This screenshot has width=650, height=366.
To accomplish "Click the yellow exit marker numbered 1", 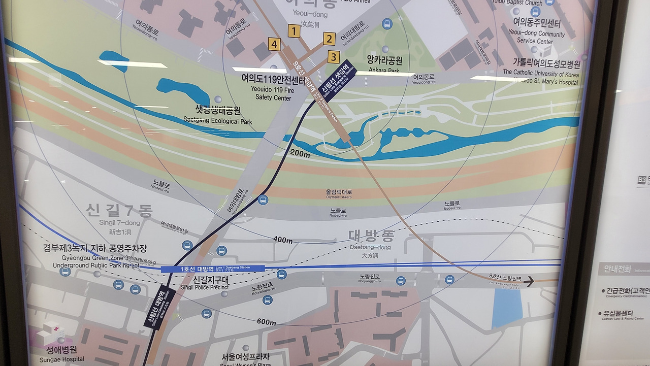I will (x=294, y=31).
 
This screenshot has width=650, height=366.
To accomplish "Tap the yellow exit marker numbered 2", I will (x=329, y=39).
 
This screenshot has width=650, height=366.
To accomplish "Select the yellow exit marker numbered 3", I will (x=334, y=57).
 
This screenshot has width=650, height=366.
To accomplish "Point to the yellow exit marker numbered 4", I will (x=275, y=45).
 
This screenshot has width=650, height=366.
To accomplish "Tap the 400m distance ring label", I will (x=283, y=240).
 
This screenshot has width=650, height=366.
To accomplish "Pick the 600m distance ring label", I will (x=267, y=322).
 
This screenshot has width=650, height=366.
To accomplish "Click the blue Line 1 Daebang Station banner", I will (x=213, y=269).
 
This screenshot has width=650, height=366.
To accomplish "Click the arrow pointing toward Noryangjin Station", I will (x=529, y=281).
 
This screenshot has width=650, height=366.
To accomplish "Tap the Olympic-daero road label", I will (x=339, y=194).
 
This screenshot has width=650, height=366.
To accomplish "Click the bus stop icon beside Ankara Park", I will (x=387, y=23).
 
